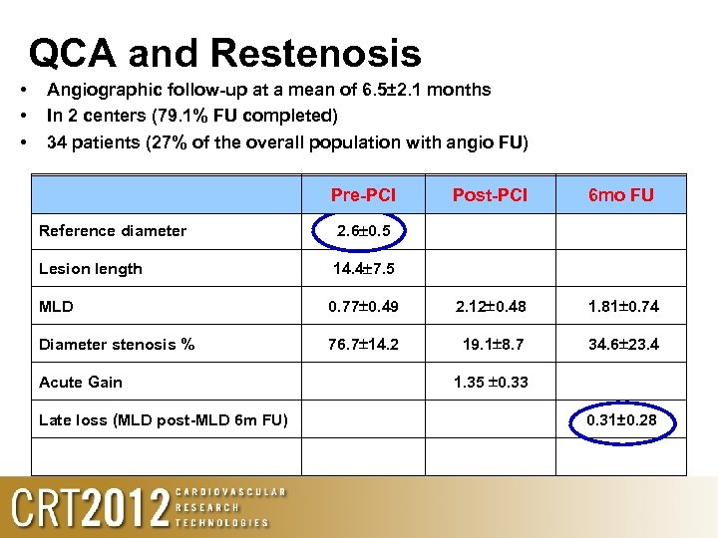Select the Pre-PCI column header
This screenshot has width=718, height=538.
363,194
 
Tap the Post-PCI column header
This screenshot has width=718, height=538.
490,194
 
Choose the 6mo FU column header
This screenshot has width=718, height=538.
621,195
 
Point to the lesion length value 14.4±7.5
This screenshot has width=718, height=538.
363,268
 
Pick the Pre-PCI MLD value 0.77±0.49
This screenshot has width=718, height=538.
363,306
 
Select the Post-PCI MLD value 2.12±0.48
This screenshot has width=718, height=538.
491,306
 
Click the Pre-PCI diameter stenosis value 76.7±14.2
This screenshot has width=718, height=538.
363,345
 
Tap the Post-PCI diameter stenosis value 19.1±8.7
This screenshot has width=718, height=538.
491,345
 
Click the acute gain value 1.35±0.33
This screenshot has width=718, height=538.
491,382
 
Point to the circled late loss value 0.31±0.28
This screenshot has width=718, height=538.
621,419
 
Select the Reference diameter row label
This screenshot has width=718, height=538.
113,231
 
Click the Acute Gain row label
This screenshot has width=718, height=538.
82,383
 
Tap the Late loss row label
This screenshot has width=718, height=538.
164,420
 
